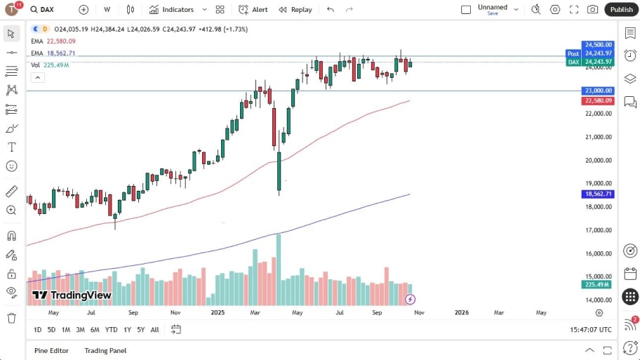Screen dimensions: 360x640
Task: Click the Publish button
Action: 621,9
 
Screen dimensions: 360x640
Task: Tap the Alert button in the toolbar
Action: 253,10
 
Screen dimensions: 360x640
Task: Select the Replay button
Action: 295,10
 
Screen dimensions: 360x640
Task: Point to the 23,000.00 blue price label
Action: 598,91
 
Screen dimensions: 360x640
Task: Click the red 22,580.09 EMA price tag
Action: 598,101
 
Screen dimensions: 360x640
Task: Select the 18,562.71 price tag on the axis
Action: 598,194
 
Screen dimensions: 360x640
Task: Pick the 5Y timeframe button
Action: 141,330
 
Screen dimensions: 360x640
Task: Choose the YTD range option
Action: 111,330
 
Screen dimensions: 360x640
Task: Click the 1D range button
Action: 38,330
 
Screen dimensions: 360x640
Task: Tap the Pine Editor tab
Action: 52,350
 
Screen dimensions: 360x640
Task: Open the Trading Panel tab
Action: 105,350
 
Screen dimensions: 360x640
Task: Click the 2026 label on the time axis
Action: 461,312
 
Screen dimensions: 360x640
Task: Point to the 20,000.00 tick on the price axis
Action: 598,160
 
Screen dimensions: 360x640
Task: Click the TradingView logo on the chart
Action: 72,295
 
